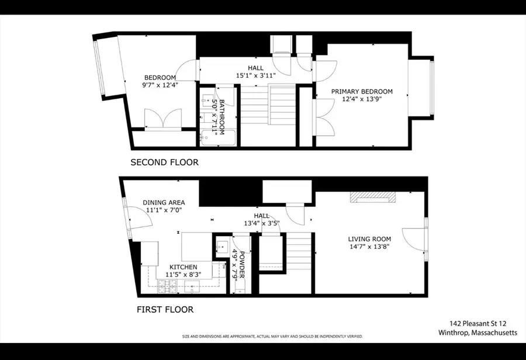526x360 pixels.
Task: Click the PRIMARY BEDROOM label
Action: (362, 92)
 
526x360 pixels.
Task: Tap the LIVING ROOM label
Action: (369, 239)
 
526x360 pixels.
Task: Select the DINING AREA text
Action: (164, 203)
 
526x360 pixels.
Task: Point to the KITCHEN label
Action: (183, 267)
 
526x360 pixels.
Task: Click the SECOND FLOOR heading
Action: (164, 162)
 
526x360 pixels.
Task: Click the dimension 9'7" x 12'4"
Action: (160, 85)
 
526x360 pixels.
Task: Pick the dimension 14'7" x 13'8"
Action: (369, 247)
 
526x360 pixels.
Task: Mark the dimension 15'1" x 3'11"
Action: (255, 75)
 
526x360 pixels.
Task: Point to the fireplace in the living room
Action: (372, 198)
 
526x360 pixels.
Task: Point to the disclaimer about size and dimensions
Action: (272, 337)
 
